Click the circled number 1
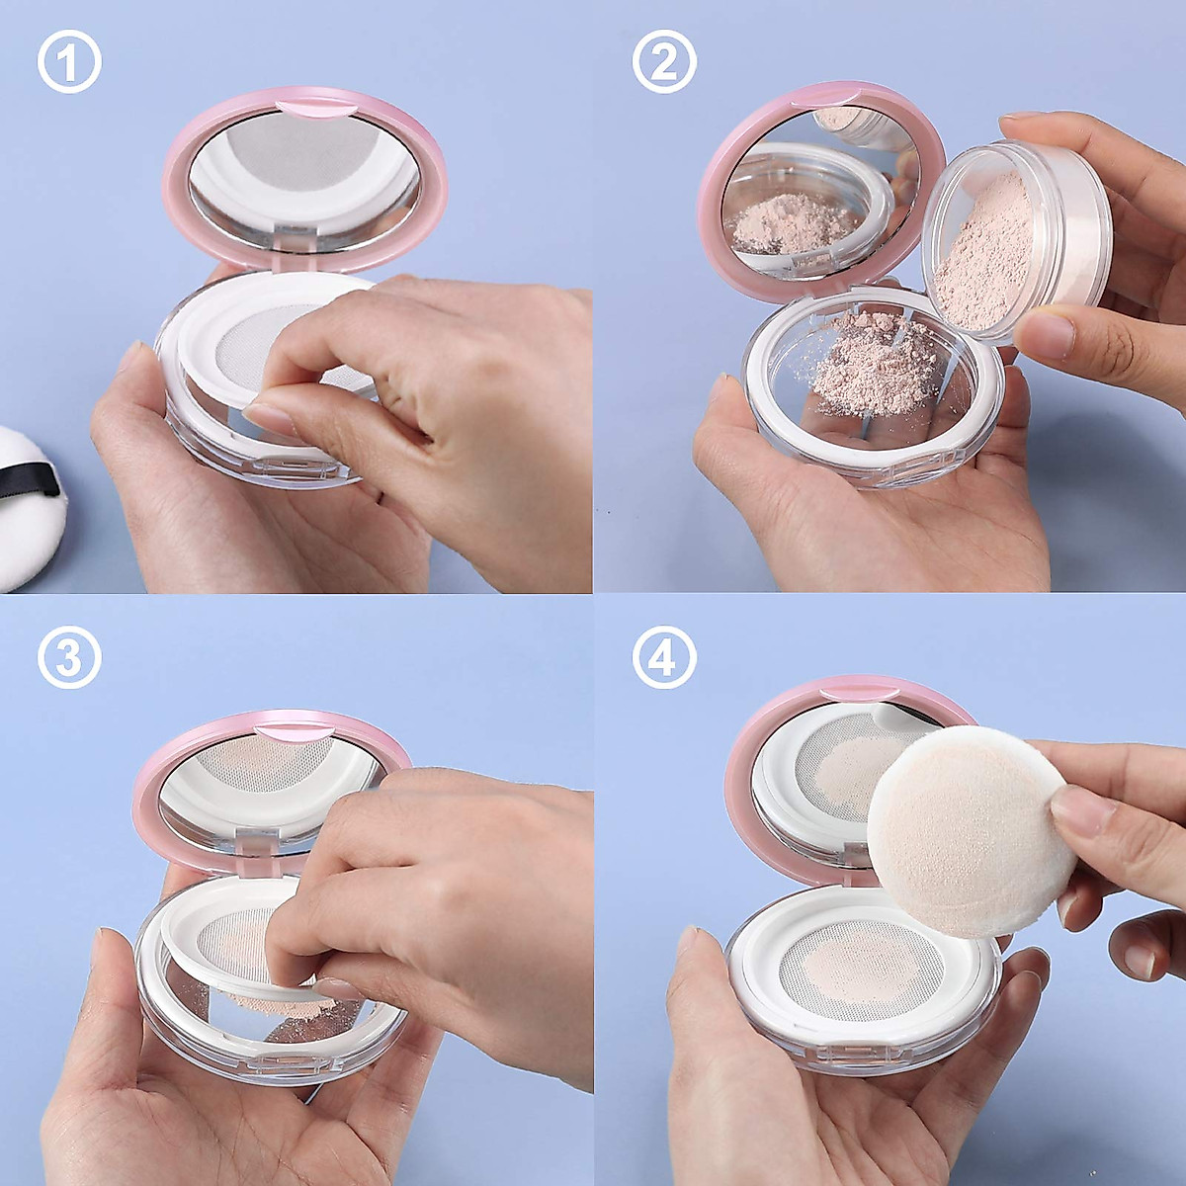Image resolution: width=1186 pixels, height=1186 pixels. [69, 62]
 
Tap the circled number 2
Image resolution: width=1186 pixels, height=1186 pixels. [663, 62]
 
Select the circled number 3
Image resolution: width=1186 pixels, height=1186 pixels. [69, 656]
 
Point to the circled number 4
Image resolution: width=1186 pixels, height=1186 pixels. [663, 656]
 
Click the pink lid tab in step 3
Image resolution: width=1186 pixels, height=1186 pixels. [293, 732]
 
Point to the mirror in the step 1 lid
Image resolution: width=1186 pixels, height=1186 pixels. [303, 178]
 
